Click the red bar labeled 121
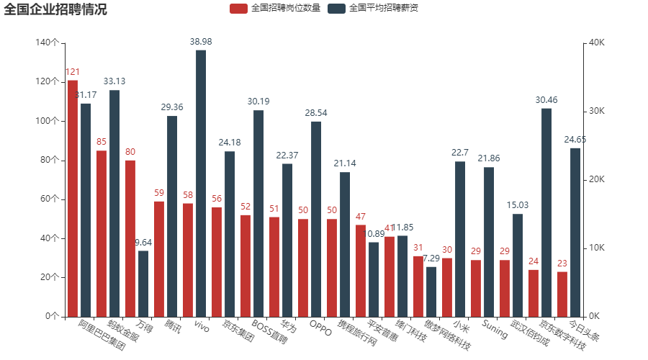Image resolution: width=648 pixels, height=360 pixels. coord(73,198)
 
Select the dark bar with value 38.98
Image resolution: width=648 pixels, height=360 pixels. coord(201,183)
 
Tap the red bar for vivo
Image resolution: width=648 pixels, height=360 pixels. coord(188,259)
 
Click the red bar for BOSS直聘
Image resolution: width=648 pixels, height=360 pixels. coord(246,265)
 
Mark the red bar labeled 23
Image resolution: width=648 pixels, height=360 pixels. coord(562,294)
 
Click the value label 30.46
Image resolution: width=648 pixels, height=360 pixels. coord(546,100)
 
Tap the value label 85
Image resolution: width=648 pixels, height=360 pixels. coord(102,142)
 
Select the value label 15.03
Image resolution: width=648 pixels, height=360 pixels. coord(518,205)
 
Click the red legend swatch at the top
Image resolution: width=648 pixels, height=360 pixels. coord(238,9)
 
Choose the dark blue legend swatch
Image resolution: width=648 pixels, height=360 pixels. coord(336,9)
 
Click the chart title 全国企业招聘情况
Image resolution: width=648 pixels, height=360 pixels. coord(55,9)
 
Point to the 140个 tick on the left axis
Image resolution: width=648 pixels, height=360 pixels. coord(47,42)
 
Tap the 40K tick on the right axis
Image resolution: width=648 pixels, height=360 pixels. coord(596,42)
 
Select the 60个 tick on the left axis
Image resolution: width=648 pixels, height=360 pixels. coord(49,199)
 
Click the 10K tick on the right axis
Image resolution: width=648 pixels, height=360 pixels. coord(596,248)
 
